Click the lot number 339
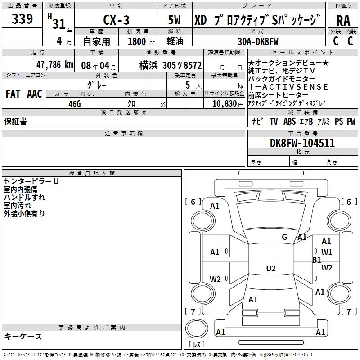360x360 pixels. (x=22, y=19)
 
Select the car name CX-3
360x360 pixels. (x=116, y=21)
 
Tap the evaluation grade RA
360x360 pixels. (x=343, y=21)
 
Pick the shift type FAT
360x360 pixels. (x=13, y=94)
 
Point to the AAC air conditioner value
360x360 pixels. (x=35, y=94)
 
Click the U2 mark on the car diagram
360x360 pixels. (x=270, y=269)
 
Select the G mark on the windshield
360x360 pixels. (x=284, y=237)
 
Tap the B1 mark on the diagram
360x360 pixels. (x=316, y=260)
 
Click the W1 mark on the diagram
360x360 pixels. (x=327, y=252)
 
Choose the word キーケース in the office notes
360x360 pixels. (x=23, y=337)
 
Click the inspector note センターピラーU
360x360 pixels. (x=31, y=181)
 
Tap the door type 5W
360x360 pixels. (x=175, y=21)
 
